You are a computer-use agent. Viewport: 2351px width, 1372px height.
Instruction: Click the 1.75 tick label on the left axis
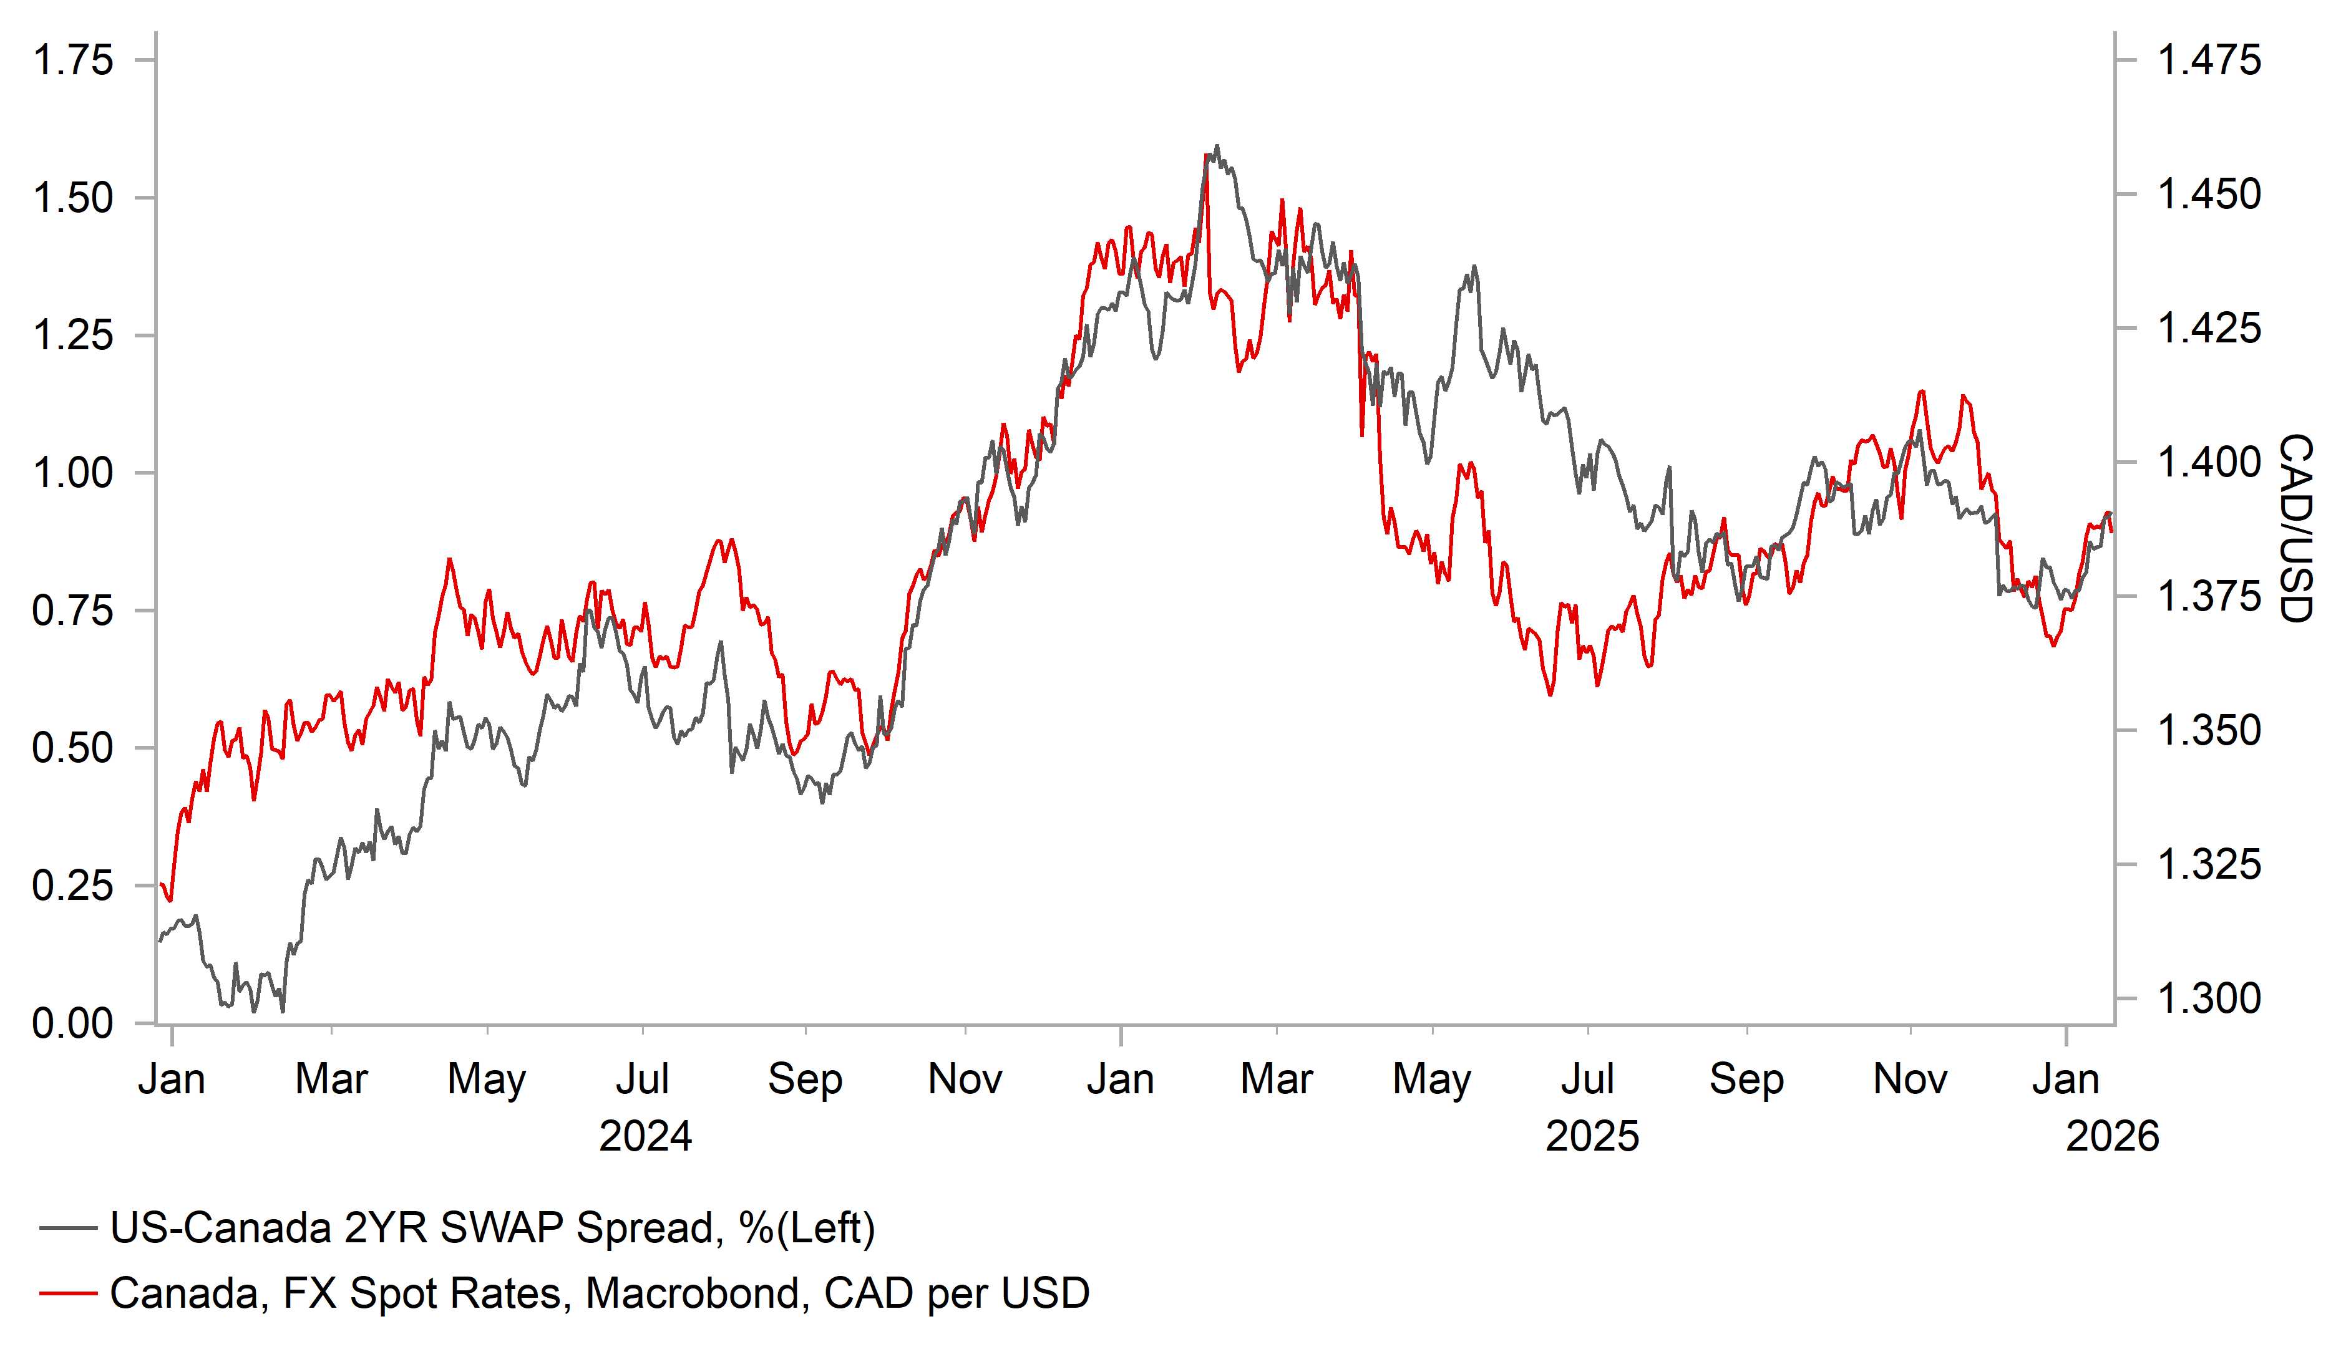(73, 60)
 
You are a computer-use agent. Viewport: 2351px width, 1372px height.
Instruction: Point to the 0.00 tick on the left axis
(73, 1023)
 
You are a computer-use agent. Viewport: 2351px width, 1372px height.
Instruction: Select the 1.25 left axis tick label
(73, 335)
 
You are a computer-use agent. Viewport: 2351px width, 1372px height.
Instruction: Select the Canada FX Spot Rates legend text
(599, 1293)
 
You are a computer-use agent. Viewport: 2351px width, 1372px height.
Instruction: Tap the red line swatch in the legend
(68, 1293)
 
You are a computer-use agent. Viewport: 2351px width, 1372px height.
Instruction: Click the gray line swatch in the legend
(68, 1229)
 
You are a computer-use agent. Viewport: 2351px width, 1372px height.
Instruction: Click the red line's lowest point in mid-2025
(1550, 694)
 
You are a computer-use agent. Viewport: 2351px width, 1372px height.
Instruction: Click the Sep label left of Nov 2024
(805, 1079)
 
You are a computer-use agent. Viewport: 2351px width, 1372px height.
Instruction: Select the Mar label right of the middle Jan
(1276, 1079)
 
